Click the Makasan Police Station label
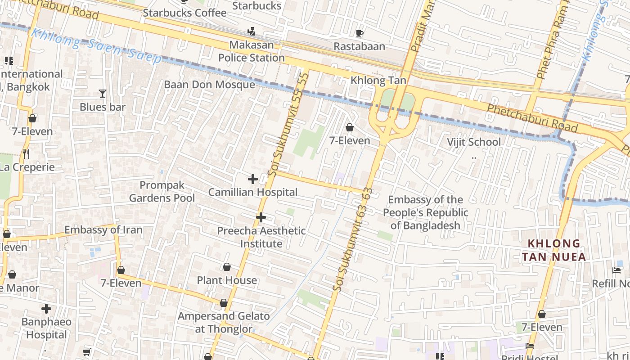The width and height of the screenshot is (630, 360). click(252, 51)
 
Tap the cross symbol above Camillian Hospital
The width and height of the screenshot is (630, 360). click(253, 179)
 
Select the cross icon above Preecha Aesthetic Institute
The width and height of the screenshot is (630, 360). click(261, 218)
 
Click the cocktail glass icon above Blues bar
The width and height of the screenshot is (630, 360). click(103, 94)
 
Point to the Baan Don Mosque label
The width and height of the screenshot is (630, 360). click(209, 85)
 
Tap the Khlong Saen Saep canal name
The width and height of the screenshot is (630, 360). click(97, 46)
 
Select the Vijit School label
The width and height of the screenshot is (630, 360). click(473, 142)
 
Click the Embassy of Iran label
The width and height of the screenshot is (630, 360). click(103, 230)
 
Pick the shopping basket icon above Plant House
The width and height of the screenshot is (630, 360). click(227, 267)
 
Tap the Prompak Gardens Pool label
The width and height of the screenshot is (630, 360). click(162, 192)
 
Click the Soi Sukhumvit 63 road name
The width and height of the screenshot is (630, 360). click(355, 238)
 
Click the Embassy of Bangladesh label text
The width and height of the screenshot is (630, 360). click(425, 212)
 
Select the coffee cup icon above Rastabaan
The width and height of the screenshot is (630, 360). click(359, 33)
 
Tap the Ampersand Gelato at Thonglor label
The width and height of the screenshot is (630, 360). click(224, 322)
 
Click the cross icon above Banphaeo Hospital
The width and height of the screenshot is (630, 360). click(46, 309)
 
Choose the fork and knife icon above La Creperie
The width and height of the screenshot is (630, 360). click(26, 154)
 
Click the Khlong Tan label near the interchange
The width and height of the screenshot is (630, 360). click(378, 81)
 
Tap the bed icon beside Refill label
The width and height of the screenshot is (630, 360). click(616, 270)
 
